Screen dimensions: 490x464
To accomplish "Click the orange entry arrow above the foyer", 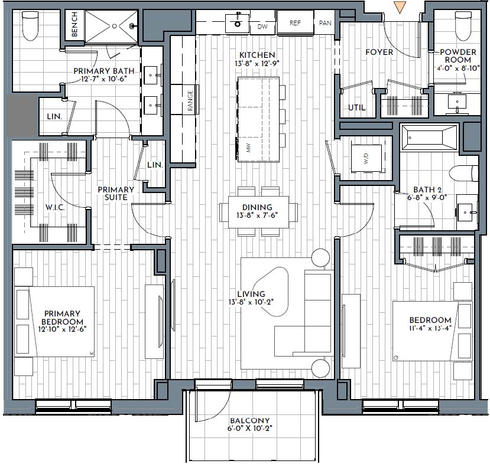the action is click(400, 8).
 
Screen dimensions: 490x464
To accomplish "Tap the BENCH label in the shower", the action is click(74, 24).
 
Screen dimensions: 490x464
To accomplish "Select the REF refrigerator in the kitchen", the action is click(296, 23).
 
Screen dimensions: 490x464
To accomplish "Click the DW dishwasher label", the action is click(262, 27).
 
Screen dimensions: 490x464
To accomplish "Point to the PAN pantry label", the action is click(325, 23).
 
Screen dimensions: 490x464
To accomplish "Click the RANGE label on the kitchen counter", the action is click(190, 100).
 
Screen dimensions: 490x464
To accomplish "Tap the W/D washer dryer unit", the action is click(366, 159).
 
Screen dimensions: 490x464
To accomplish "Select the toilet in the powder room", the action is click(463, 25).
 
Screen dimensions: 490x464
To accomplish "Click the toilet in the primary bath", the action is click(30, 25).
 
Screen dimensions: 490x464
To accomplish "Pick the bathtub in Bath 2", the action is click(429, 138).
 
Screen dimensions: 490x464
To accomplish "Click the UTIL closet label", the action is click(357, 107).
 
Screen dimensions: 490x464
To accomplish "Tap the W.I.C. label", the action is click(55, 207).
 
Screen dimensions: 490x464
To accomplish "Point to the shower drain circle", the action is click(115, 26).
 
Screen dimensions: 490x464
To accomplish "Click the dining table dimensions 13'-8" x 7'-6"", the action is click(257, 215).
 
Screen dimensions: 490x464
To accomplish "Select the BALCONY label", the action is click(249, 420).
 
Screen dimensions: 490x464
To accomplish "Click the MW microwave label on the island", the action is click(249, 148).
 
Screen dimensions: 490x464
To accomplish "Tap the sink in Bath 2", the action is click(467, 212).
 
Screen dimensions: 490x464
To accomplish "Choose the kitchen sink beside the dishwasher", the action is click(238, 22).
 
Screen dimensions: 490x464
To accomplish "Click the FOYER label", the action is click(379, 52).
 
